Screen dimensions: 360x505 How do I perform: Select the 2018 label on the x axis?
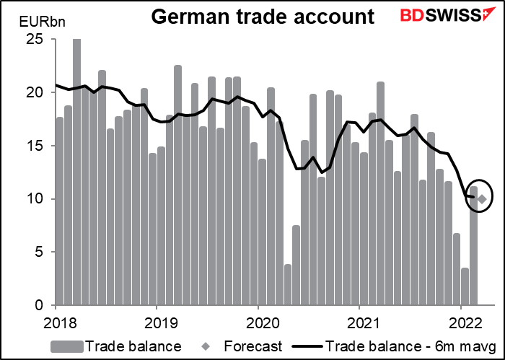point(55,320)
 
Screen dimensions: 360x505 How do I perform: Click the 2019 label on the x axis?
point(157,320)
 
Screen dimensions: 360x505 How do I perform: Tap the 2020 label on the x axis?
point(258,320)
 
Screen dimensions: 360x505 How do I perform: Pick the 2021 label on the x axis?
point(360,320)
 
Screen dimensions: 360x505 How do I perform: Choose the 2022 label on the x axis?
point(462,320)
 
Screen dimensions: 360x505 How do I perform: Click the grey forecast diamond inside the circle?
point(482,198)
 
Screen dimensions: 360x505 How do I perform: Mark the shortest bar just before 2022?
point(465,287)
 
